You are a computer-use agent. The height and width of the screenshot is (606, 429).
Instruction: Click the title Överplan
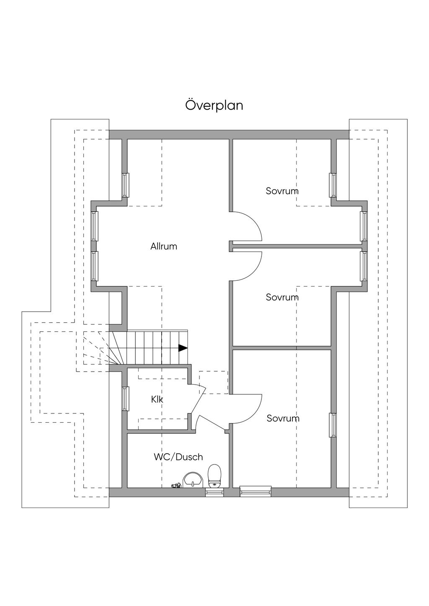tap(214, 105)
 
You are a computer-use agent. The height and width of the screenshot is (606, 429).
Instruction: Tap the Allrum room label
tap(164, 247)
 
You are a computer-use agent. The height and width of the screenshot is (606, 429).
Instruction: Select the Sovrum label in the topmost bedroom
tap(282, 191)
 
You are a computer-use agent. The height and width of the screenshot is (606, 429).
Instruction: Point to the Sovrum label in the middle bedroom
tap(282, 298)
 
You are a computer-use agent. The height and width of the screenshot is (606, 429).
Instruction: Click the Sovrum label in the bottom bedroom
tap(283, 419)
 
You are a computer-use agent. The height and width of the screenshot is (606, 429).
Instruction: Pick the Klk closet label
tap(157, 400)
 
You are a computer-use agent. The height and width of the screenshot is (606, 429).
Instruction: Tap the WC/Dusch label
tap(178, 457)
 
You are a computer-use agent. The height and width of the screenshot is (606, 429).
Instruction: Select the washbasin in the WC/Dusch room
tap(193, 480)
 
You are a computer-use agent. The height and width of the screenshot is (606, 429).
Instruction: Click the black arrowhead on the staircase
tap(183, 347)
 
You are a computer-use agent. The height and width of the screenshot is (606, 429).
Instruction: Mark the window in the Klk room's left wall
tap(125, 398)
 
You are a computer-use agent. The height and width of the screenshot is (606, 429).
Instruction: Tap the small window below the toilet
tap(214, 493)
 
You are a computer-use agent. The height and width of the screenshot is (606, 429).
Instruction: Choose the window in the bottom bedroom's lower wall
tap(255, 491)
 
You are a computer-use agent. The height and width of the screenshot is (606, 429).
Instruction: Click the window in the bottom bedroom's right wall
tap(333, 425)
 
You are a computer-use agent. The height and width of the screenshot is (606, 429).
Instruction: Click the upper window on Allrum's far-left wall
tap(95, 226)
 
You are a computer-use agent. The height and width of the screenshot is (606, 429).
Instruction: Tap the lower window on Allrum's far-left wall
tap(95, 266)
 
